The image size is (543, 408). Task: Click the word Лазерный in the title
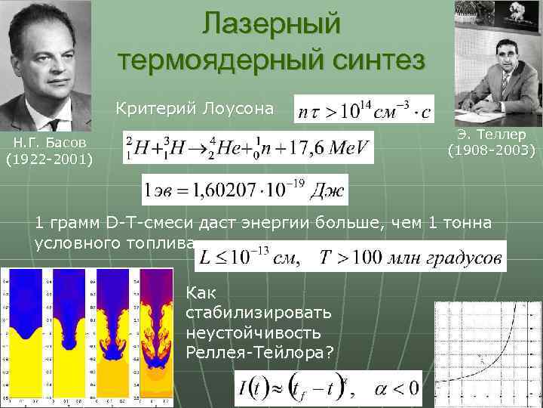[271, 23]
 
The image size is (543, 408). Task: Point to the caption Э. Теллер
[491, 134]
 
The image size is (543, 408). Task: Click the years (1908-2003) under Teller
[491, 150]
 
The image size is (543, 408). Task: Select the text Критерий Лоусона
[195, 108]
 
